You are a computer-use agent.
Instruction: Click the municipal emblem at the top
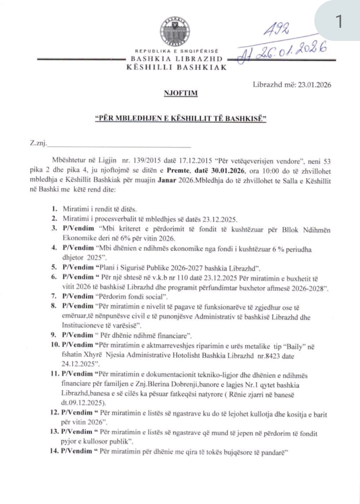pos(175,32)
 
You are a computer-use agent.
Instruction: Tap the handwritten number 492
pos(276,29)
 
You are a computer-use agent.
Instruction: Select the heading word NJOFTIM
pos(180,93)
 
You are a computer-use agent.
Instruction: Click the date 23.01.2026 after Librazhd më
pos(314,85)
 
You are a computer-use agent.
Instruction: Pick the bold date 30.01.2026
pos(226,171)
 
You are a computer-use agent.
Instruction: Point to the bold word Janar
pos(166,181)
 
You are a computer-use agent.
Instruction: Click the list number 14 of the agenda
pos(54,451)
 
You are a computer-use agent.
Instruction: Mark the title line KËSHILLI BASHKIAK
pos(177,67)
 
